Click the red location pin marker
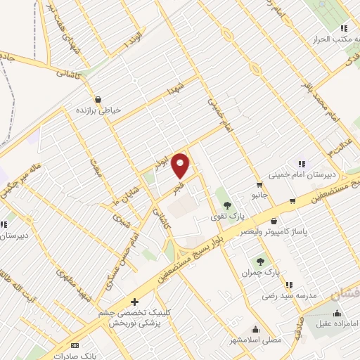coord(181,165)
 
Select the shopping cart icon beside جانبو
coord(259,185)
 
